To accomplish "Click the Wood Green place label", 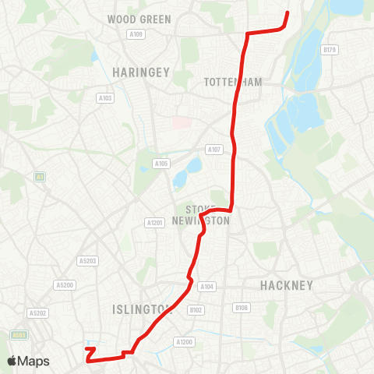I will point(139,19).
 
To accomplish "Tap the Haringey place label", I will point(141,72).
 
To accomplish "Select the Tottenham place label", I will point(232,82).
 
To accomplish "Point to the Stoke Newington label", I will point(207,215).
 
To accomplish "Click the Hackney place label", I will point(287,284).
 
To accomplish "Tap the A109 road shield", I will point(137,34).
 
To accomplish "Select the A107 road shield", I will point(214,149).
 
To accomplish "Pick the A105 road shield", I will point(161,164).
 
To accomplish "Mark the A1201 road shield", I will point(155,223).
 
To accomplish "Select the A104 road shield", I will point(206,287).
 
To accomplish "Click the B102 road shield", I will point(196,309).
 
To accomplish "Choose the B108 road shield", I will point(242,308).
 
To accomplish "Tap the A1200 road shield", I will point(184,341).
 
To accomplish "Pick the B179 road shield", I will point(330,50).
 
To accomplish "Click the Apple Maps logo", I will point(27,361).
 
